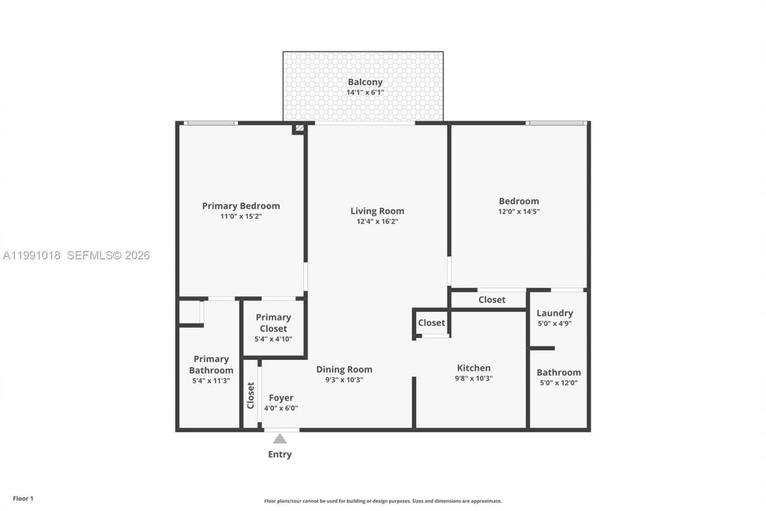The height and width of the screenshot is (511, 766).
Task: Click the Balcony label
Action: click(x=365, y=82)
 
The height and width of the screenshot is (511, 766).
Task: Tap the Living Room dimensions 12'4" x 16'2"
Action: click(x=377, y=222)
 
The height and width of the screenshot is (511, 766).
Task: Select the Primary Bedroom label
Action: click(x=241, y=206)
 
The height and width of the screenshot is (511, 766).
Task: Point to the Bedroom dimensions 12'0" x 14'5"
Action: click(x=519, y=211)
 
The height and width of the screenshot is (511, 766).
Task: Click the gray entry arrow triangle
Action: click(x=279, y=439)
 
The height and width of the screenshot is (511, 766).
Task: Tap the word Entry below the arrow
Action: click(x=279, y=454)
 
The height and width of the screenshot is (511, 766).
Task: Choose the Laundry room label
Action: click(x=554, y=313)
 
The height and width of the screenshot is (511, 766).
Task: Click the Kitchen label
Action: click(x=473, y=368)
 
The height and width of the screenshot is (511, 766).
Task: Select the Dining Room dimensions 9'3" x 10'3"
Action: click(x=344, y=380)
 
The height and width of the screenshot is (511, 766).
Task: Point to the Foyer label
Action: click(x=281, y=398)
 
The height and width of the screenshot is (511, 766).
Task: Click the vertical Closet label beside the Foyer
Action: click(x=251, y=395)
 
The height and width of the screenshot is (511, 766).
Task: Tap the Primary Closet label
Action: click(x=273, y=323)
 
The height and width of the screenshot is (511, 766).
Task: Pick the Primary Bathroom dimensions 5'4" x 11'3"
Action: click(x=211, y=380)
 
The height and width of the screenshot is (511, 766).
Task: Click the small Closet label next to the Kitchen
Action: click(x=431, y=323)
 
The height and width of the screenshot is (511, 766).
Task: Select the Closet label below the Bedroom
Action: click(x=492, y=300)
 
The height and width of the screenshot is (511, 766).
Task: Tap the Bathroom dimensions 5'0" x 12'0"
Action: click(x=558, y=383)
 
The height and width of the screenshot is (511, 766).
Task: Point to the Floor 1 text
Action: click(x=23, y=498)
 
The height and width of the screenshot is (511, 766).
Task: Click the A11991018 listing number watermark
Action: click(x=32, y=255)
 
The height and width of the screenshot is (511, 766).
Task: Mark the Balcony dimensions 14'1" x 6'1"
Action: click(x=365, y=93)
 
